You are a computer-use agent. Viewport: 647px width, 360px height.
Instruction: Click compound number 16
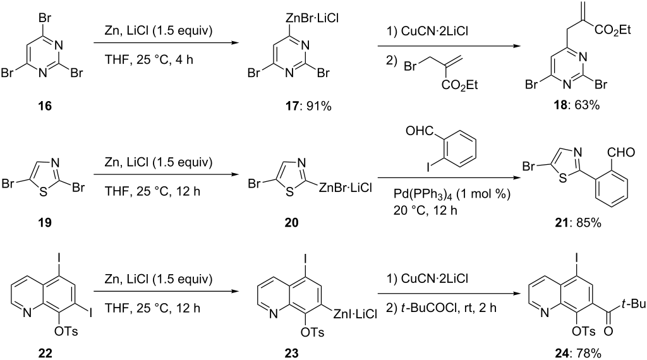(45, 106)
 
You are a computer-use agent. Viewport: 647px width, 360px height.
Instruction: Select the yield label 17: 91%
(309, 106)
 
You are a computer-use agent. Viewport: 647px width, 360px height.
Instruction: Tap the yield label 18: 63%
(577, 105)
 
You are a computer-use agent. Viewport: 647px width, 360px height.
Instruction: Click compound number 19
(45, 223)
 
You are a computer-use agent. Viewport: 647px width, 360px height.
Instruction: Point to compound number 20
(291, 223)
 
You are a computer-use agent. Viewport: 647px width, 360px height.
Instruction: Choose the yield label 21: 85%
(577, 223)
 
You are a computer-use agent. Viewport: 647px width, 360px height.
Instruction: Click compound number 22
(45, 353)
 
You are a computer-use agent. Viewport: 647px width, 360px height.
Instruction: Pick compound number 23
(291, 353)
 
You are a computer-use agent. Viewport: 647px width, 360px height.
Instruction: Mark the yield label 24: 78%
(577, 353)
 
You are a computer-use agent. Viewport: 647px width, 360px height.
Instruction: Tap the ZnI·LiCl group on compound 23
(355, 315)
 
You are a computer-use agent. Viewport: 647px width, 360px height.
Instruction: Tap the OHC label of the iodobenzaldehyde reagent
(420, 131)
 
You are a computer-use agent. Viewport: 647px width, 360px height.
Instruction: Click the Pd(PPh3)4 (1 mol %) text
(452, 193)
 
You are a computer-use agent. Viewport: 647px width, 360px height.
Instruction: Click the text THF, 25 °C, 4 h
(149, 59)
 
